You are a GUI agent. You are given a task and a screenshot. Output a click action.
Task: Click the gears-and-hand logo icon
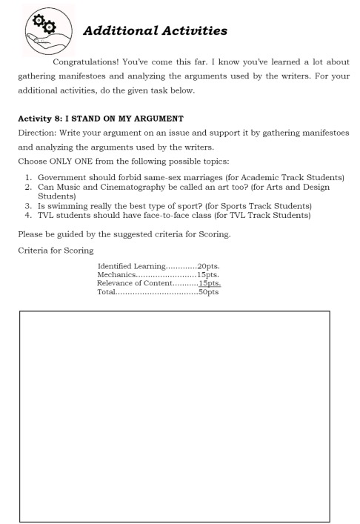coord(45,33)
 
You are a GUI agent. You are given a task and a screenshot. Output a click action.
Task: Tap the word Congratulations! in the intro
coord(93,61)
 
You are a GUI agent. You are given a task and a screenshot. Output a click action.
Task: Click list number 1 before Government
coord(27,178)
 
